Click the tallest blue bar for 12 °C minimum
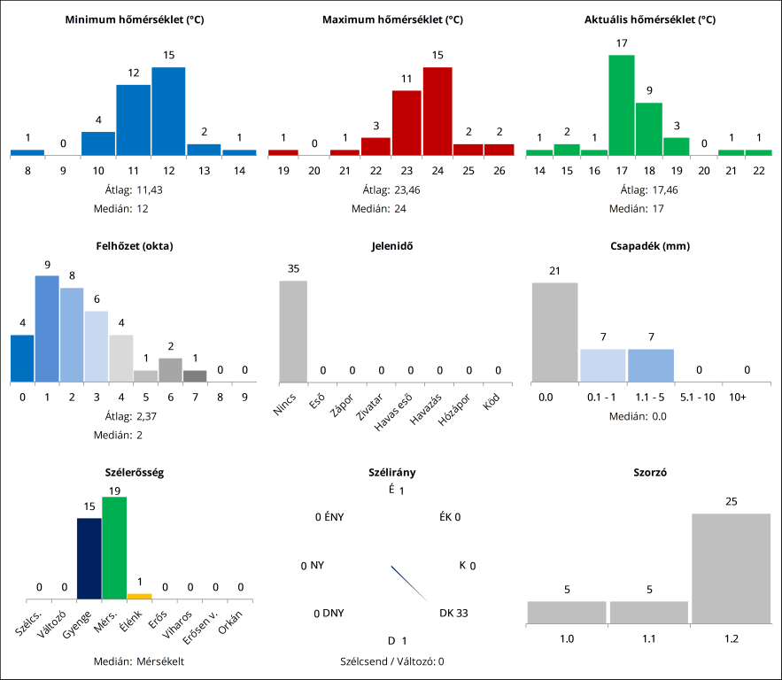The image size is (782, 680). coord(168,111)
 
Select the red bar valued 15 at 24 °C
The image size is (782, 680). coord(437,111)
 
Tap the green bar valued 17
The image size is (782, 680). coord(622,104)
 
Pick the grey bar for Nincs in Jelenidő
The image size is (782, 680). coord(293,331)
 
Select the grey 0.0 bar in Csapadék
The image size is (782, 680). coord(554,332)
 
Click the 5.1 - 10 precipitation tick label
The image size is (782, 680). coord(698,398)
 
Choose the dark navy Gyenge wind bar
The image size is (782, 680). coord(89,558)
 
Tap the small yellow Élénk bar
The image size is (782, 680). coord(139,596)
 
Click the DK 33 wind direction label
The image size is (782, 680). coord(453,612)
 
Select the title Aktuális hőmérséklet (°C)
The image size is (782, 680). coord(650,19)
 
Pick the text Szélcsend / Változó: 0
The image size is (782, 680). coord(391,661)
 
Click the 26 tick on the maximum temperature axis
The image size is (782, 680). coord(499,170)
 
